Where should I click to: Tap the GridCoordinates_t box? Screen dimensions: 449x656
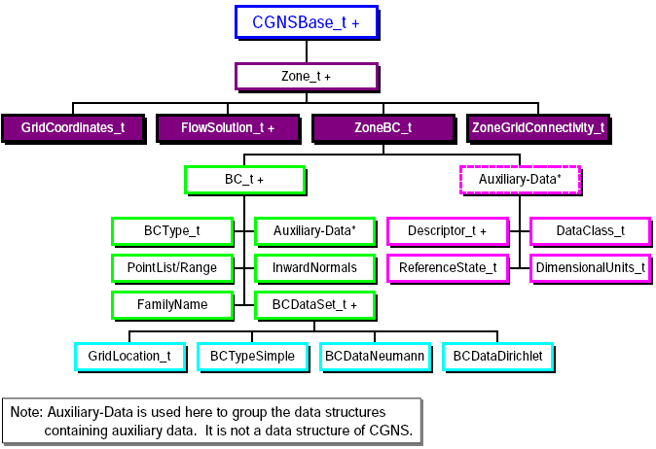[x=73, y=127]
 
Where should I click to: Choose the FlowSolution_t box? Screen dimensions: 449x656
[x=228, y=127]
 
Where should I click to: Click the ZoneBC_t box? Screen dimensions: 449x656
[x=383, y=127]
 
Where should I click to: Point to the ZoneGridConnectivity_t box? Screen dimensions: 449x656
[x=538, y=127]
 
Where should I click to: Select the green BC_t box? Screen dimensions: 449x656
[x=244, y=180]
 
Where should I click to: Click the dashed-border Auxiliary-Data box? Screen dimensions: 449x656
[x=520, y=180]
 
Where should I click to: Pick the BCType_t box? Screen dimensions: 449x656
[x=172, y=231]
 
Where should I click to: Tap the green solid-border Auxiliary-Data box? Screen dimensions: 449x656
[x=314, y=231]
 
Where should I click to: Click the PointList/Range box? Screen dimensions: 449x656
[x=172, y=267]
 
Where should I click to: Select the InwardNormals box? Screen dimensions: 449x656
[x=314, y=267]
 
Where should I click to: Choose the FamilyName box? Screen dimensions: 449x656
[x=172, y=304]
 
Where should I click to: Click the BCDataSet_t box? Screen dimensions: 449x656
[x=314, y=304]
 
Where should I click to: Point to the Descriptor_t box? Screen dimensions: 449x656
[x=449, y=231]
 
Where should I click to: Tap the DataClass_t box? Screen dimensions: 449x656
[x=590, y=231]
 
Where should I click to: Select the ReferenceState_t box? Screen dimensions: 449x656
[x=449, y=267]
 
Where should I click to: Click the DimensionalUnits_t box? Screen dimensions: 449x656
[x=590, y=267]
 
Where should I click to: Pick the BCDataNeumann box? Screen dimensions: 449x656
[x=374, y=357]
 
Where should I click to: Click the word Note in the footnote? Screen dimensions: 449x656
[x=26, y=412]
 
